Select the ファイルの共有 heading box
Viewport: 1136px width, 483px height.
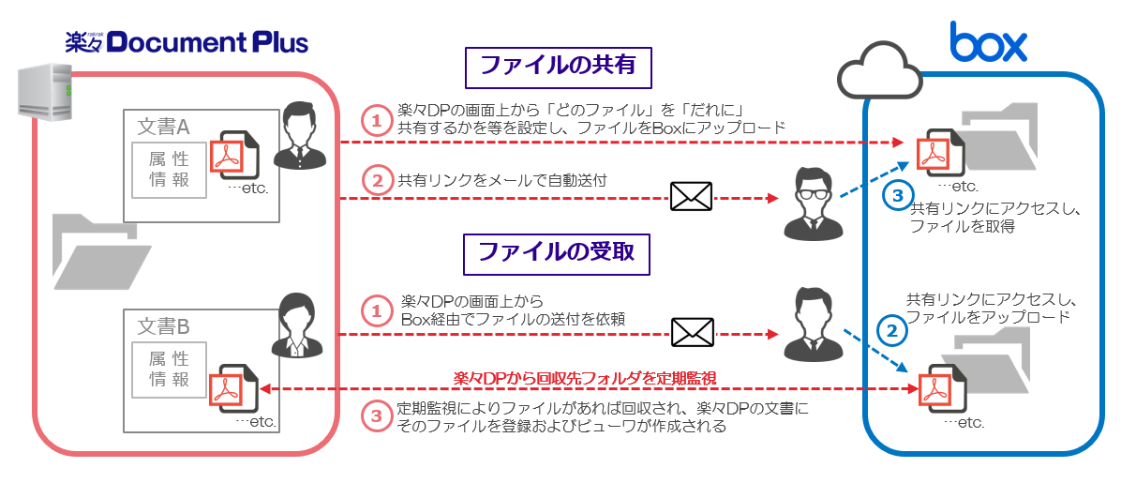(x=558, y=67)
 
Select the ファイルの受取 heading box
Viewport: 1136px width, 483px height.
(x=558, y=251)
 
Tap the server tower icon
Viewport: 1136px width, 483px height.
(x=45, y=90)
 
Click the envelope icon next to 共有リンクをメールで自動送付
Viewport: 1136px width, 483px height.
(x=691, y=196)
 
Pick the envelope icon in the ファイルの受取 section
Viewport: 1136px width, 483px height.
(x=691, y=332)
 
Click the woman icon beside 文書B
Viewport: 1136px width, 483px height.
(x=298, y=325)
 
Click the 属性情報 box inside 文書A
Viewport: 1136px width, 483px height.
(x=170, y=171)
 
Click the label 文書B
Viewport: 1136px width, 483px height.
(x=164, y=326)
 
